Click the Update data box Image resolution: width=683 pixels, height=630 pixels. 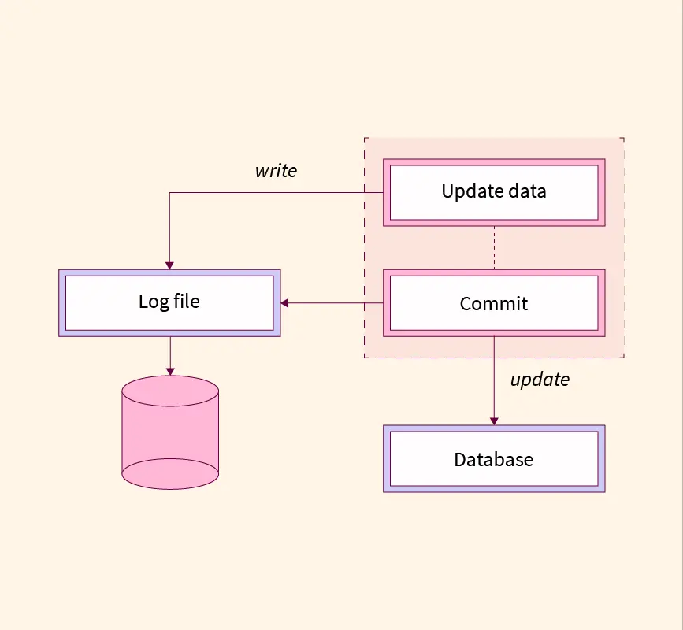(494, 192)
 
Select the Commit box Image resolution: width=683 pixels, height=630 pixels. (494, 303)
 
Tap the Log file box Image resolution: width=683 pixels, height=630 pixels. (169, 303)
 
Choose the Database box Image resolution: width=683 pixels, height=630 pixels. (494, 459)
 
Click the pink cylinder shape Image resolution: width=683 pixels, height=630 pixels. (170, 432)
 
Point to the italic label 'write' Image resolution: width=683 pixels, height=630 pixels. (277, 171)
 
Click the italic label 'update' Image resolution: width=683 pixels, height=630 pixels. (540, 380)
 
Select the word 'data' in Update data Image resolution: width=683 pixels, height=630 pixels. (528, 191)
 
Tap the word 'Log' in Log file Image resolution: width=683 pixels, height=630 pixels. (154, 302)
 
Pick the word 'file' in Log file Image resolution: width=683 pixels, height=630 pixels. (187, 301)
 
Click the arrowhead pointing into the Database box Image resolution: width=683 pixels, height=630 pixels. (494, 421)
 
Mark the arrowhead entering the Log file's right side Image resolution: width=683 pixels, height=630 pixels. (284, 303)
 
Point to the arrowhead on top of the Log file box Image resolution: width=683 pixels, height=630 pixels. (170, 265)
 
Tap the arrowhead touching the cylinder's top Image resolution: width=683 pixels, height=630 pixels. (170, 372)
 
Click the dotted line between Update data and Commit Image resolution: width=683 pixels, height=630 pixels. (494, 248)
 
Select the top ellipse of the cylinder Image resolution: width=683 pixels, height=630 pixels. (170, 391)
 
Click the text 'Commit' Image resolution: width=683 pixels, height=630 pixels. (493, 304)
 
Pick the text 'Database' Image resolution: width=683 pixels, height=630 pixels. (493, 460)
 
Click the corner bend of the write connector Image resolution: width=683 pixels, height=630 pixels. (170, 192)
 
